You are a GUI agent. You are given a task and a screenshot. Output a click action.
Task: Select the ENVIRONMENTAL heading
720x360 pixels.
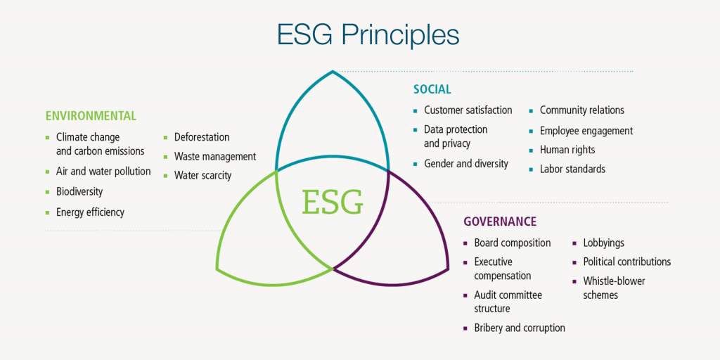point(91,116)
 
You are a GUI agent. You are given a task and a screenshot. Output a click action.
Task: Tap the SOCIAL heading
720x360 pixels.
point(432,89)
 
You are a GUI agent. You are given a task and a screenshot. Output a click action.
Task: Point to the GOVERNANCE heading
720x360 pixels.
point(499,221)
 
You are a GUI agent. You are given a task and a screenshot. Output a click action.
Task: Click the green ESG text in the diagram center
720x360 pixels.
point(333,202)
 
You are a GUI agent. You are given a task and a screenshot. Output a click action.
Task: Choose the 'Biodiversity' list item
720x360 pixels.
point(79,191)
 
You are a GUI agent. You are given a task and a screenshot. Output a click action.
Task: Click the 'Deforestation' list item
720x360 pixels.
point(202,137)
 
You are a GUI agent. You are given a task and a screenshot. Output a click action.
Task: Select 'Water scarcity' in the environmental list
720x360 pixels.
point(202,175)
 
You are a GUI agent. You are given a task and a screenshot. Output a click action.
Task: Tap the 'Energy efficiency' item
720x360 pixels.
point(90,212)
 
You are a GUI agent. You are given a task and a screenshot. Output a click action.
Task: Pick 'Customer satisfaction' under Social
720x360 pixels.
point(468,110)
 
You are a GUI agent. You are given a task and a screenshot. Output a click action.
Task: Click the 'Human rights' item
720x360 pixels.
point(567,150)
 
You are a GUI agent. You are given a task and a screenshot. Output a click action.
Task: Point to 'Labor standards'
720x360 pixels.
point(572,169)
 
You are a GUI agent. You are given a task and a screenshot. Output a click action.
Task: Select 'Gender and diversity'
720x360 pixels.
point(465,164)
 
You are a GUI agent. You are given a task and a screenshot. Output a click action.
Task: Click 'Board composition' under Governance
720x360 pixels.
point(512,243)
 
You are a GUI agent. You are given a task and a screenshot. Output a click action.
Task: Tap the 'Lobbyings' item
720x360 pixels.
point(603,243)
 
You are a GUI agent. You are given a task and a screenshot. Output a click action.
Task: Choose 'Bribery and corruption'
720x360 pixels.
point(519,328)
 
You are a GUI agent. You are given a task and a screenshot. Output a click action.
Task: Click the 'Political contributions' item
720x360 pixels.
point(626,262)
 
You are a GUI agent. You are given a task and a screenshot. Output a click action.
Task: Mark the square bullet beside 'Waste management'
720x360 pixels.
point(166,157)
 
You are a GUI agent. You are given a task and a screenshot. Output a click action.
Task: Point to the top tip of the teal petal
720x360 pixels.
point(333,70)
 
